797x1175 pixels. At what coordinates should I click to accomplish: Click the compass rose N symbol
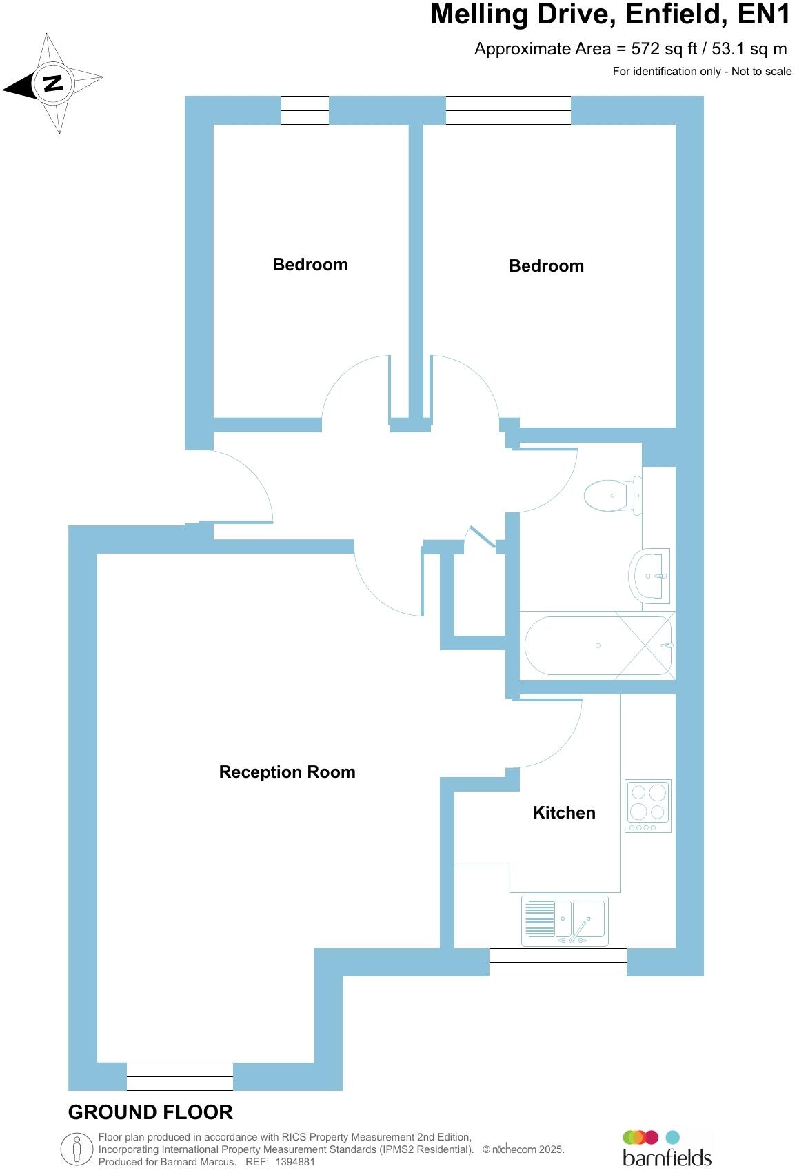(52, 83)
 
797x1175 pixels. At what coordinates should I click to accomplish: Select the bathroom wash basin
(649, 575)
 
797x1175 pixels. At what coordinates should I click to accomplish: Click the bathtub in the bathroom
(597, 645)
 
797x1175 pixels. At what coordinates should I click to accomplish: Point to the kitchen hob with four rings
(647, 805)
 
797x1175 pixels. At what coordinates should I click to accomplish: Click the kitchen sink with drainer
(565, 920)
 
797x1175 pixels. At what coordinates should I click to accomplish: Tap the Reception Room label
(287, 772)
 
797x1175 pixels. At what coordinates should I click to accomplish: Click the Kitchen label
(564, 812)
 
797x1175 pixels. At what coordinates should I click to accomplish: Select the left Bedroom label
(310, 265)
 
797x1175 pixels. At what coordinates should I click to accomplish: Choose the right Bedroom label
(546, 266)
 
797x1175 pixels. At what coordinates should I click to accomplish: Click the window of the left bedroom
(305, 110)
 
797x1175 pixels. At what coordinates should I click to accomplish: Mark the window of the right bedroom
(508, 110)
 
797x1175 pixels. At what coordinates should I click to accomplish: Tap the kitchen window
(558, 962)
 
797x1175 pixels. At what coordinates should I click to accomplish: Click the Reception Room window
(180, 1076)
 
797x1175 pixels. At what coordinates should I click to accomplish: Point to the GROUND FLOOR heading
(150, 1112)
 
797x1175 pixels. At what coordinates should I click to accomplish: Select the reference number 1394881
(294, 1162)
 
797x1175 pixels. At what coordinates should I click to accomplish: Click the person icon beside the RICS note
(77, 1149)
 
